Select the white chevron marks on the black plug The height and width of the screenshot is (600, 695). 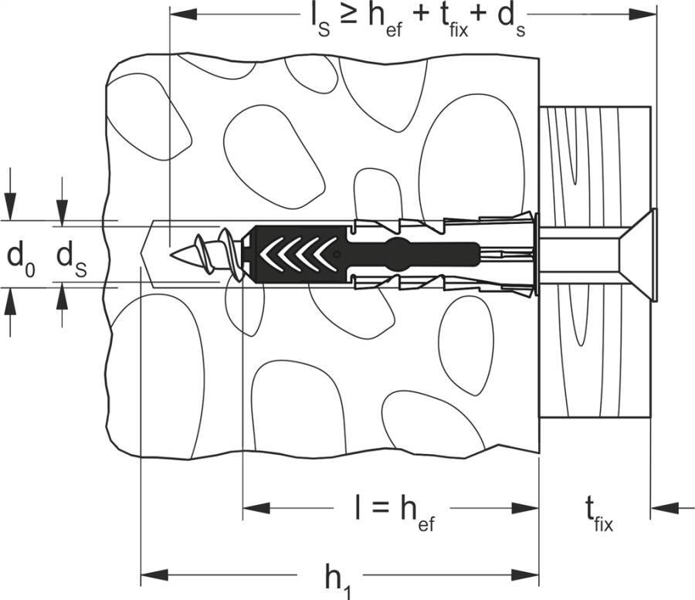(x=297, y=253)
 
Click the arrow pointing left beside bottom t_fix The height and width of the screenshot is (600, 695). (x=664, y=507)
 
